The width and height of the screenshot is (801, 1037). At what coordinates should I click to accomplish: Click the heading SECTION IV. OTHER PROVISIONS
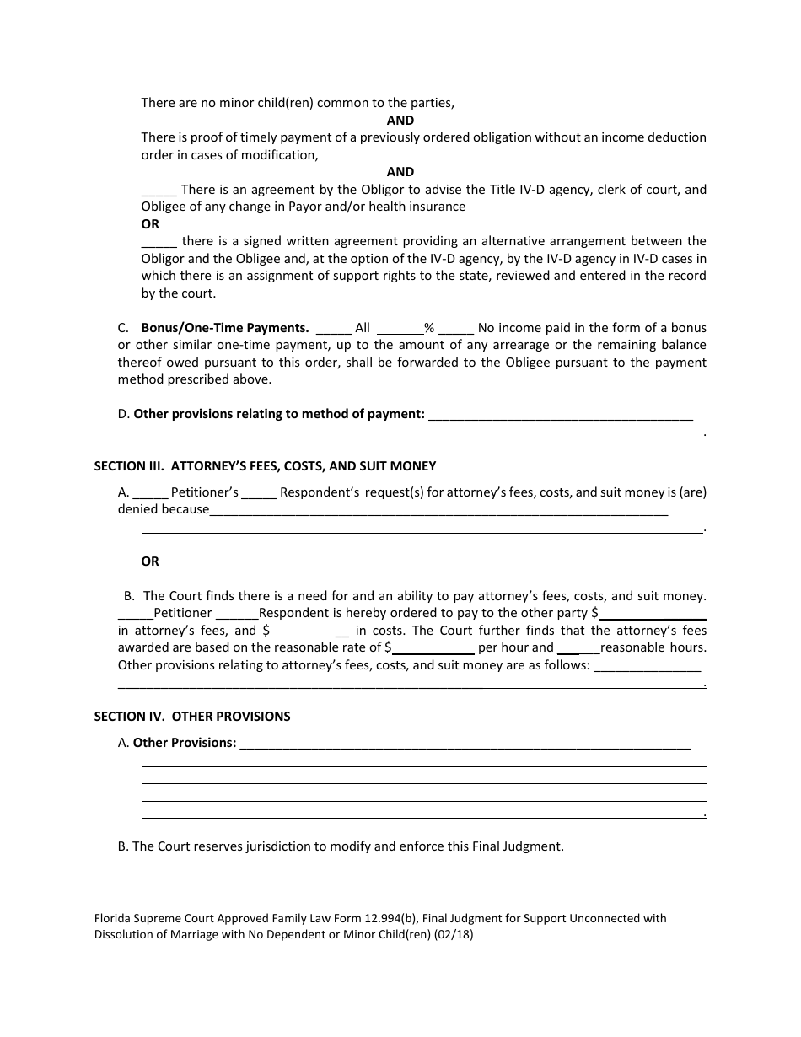192,717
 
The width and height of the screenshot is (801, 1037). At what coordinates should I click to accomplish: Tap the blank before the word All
334,330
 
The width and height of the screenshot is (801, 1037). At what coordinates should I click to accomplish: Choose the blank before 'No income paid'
456,330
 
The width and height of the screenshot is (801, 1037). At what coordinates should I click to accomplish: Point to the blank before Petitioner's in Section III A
151,494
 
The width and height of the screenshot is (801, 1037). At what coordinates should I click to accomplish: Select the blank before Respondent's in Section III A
260,494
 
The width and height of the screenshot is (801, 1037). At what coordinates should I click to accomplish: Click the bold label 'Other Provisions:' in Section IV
185,743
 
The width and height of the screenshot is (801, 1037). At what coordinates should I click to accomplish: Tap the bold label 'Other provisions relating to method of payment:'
279,414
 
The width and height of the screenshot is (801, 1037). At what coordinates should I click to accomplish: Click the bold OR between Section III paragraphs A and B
150,561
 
